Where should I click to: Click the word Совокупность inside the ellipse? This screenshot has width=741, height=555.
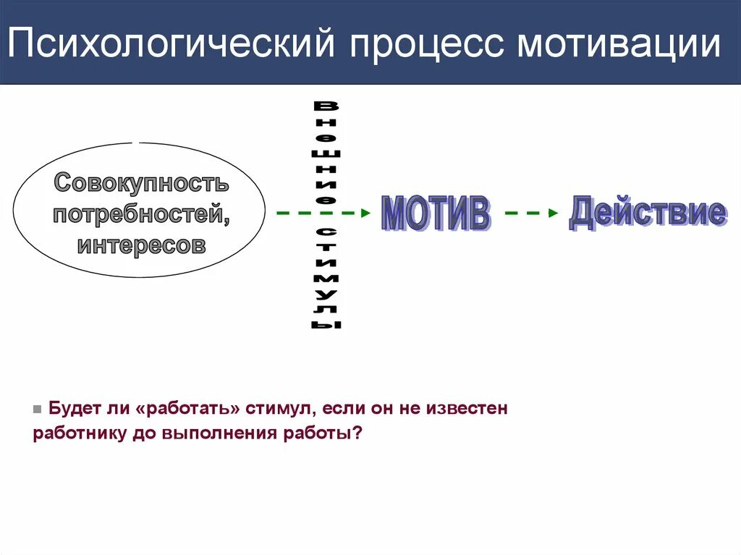click(142, 183)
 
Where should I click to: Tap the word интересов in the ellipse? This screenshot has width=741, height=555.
click(142, 245)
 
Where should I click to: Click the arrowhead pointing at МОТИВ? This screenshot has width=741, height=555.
click(365, 213)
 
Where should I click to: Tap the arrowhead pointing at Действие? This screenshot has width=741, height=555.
click(554, 213)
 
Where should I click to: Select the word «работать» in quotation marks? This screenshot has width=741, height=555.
click(187, 409)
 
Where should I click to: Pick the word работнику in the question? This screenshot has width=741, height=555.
click(77, 433)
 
